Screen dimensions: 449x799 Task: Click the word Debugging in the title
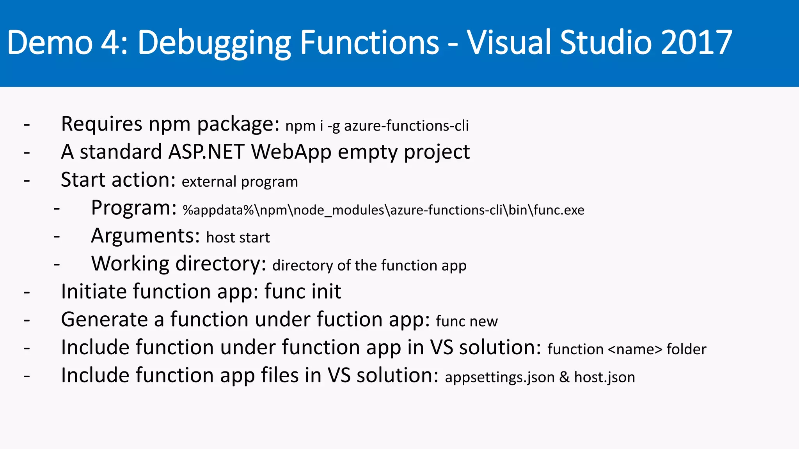pos(214,43)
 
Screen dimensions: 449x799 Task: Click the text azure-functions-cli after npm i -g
pos(406,126)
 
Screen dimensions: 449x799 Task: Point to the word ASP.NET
pos(206,152)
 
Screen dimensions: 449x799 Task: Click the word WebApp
pos(291,152)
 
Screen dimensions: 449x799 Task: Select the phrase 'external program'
pos(240,182)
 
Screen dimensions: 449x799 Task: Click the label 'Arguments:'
pos(145,236)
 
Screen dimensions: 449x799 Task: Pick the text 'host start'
pos(238,237)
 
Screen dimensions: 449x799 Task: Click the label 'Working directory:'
pos(178,264)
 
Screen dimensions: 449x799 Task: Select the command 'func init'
pos(302,292)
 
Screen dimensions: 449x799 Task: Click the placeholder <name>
pos(635,349)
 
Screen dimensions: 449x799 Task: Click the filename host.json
pos(604,377)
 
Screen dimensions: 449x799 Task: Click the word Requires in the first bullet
pos(101,124)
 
